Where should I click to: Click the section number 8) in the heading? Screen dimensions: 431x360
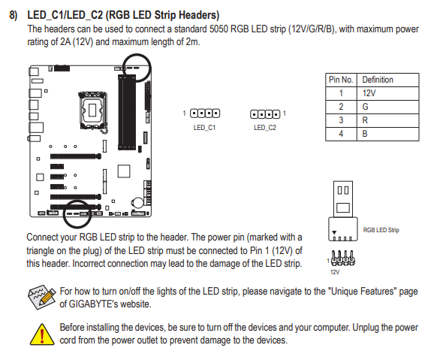[13, 15]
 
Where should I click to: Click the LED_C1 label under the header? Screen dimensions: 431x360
[204, 128]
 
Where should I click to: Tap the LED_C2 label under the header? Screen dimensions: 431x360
[265, 128]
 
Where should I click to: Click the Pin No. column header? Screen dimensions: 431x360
[341, 80]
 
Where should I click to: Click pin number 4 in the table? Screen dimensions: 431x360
[341, 134]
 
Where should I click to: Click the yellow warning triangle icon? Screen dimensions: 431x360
[42, 334]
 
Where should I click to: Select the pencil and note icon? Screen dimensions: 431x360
[42, 298]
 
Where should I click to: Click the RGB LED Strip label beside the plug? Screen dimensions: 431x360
[381, 230]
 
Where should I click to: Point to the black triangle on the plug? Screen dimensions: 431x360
[334, 232]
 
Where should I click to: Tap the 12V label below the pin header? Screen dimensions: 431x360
[335, 272]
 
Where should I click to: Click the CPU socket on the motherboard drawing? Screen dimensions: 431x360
[92, 110]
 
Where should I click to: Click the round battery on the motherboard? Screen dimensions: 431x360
[137, 203]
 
